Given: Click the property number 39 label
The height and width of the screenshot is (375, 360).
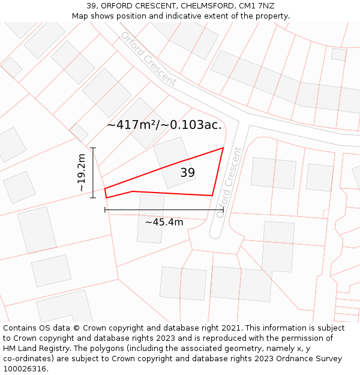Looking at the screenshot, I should [188, 173].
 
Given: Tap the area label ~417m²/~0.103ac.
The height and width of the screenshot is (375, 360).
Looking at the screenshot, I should [164, 125].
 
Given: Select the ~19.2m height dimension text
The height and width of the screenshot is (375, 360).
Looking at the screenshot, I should [82, 173].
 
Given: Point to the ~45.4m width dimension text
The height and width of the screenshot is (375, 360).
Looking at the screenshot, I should [164, 222].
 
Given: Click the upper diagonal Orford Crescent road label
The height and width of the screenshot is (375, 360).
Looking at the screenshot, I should [148, 58].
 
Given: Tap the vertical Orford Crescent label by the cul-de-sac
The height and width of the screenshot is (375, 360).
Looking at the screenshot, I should [231, 182].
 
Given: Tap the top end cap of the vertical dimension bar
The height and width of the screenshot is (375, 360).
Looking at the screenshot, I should [92, 148].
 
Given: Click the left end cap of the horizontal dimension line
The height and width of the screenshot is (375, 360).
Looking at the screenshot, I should [105, 210].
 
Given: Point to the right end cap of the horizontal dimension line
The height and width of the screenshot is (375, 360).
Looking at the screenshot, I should [223, 210].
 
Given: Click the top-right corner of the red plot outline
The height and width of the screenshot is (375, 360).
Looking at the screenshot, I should [223, 148].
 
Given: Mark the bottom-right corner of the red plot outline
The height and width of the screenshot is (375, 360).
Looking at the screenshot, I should [212, 195].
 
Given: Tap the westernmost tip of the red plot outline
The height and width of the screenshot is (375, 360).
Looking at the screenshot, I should [105, 190].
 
